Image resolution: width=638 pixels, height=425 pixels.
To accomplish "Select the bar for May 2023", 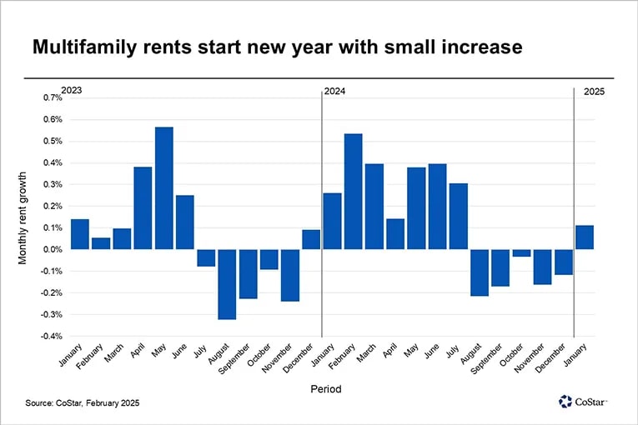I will point(164,188).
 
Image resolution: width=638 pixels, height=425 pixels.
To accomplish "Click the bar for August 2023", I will point(227,284).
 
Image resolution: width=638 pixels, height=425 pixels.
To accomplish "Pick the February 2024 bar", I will point(353,192).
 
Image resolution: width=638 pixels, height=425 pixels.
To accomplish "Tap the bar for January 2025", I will point(584,237).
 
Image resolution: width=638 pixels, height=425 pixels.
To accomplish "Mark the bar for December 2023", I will point(311,240).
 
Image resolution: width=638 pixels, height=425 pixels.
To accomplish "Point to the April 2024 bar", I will point(395,234).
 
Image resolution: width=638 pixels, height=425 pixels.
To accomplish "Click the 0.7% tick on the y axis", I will point(51,97).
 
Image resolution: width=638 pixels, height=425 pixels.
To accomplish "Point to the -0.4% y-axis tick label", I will point(50,336).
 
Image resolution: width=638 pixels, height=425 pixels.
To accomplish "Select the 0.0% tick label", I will point(51,249).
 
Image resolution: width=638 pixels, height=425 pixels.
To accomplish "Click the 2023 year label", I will point(73,90).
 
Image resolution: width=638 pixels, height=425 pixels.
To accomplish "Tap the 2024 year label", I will point(335,90).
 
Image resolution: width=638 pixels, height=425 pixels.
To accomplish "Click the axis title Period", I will point(326,388).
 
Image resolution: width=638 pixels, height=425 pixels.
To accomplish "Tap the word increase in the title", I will point(484,47).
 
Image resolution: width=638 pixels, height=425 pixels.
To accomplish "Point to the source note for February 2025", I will point(82,403).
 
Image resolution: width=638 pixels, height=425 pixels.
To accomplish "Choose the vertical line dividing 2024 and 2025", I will point(574,208).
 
